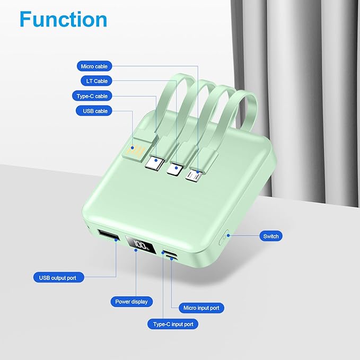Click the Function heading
63,20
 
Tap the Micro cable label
94,66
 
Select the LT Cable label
96,81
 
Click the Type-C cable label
92,96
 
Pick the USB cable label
95,111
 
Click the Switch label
270,236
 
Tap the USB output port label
58,277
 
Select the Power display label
131,301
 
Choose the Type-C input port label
172,323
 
